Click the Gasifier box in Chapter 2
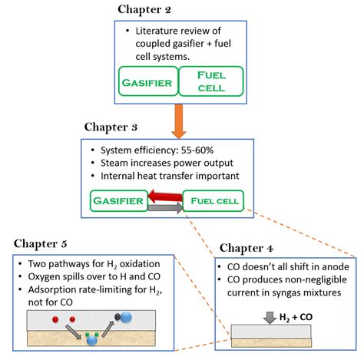point(147,81)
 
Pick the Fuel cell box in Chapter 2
point(210,81)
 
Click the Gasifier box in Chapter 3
point(117,201)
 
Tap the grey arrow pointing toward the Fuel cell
point(166,208)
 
